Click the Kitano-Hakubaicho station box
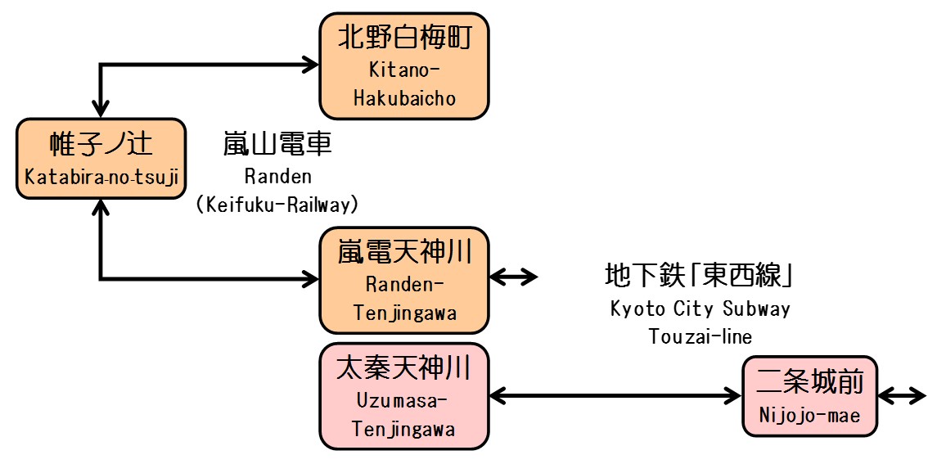403,66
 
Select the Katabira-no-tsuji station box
101,158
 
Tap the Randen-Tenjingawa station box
403,281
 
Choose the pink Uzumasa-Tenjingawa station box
403,397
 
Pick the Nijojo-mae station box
809,397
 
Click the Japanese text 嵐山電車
277,145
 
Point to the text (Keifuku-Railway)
277,205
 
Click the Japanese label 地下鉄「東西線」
700,276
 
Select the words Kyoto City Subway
700,309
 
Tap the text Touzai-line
700,336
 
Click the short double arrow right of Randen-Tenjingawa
513,277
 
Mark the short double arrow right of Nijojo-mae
901,397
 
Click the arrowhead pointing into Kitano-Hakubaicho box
311,65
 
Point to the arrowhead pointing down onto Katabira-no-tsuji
101,109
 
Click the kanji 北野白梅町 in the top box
403,37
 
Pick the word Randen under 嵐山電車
277,176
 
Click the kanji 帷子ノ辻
101,145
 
